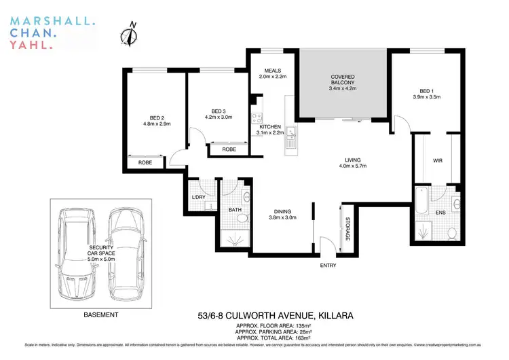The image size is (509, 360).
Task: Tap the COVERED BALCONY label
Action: click(343, 77)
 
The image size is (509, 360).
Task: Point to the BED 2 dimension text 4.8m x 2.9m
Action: click(157, 124)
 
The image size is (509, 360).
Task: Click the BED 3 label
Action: click(218, 111)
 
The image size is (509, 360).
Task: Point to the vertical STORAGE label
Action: click(347, 229)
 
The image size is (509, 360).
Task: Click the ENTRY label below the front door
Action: click(328, 265)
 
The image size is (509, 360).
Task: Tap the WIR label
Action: click(438, 161)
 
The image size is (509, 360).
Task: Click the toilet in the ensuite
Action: click(452, 232)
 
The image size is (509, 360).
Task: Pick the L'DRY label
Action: click(200, 198)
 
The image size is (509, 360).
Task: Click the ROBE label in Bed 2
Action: click(145, 163)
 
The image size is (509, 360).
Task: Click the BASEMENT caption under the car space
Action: click(100, 315)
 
